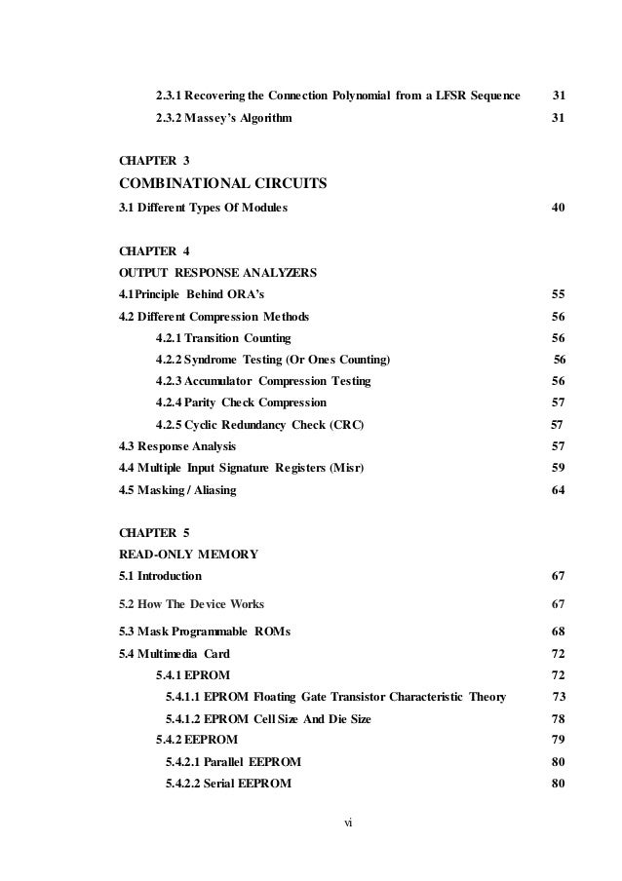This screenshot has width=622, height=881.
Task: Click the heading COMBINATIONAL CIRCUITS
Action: point(220,182)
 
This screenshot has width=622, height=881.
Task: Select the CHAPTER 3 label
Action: point(154,159)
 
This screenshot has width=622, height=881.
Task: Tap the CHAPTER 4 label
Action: point(154,250)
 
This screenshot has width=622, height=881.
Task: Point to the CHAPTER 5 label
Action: point(154,533)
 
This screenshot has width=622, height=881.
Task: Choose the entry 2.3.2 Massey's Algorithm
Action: point(221,118)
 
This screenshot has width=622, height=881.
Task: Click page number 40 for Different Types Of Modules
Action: point(559,207)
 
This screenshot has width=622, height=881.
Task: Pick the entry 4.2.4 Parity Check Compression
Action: point(241,402)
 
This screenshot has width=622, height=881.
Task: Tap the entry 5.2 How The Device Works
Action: point(191,603)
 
